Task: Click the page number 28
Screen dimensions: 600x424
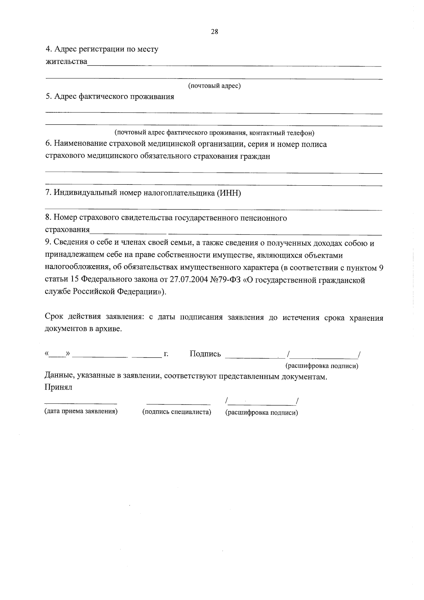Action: click(214, 32)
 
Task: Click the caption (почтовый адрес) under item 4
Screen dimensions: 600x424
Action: click(214, 86)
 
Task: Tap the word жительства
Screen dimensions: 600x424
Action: click(66, 62)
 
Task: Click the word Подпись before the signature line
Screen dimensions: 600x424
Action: click(205, 354)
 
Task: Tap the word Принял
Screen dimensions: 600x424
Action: click(58, 387)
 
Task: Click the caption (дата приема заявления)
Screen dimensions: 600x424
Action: click(81, 411)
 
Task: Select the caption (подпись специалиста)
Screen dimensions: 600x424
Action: click(176, 412)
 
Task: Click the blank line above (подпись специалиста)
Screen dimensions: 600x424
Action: click(178, 403)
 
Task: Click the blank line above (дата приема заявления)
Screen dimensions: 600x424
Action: click(81, 403)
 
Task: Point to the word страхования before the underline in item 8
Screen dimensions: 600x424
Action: click(67, 230)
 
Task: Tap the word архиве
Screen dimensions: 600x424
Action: click(110, 329)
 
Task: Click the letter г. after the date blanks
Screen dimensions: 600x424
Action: click(165, 354)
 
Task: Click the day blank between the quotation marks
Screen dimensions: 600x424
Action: click(58, 355)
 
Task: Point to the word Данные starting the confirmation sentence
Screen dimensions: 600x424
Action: click(58, 377)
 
